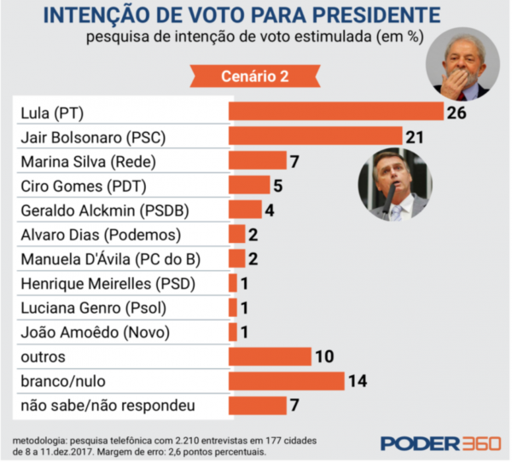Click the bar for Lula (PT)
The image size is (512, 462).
[335, 112]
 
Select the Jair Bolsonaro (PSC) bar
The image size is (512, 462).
[314, 136]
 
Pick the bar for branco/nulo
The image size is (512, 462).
[286, 381]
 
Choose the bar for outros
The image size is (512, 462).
[270, 356]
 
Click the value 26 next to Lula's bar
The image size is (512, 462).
[457, 113]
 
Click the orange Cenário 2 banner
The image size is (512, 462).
[256, 75]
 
